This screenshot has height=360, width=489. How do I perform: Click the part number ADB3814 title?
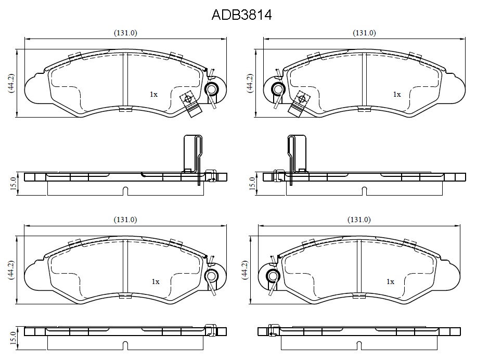(242, 15)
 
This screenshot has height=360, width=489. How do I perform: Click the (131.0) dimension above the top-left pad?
(125, 33)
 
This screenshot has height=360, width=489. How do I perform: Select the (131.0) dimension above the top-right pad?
(364, 33)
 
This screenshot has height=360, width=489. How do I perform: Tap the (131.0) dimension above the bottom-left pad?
(125, 220)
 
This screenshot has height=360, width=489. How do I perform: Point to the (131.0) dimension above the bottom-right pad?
(359, 220)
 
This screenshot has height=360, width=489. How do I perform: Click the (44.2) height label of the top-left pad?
(11, 83)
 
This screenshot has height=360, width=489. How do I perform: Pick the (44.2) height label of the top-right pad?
(250, 83)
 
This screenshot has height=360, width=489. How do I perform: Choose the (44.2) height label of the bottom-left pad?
(11, 270)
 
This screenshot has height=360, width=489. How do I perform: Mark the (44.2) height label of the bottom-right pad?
(244, 270)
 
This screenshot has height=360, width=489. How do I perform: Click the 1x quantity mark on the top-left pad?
(154, 94)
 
